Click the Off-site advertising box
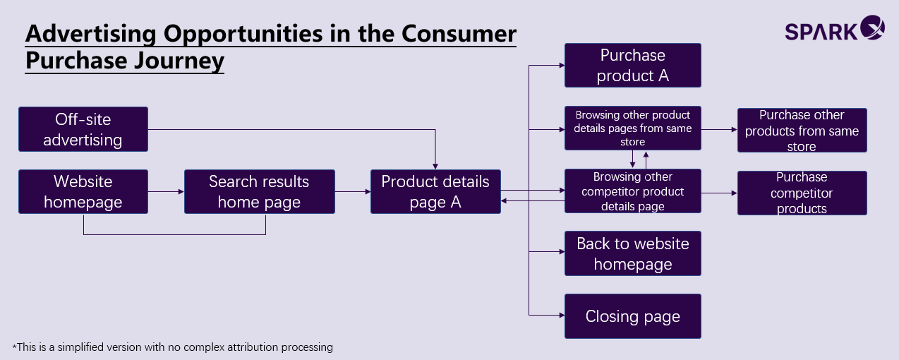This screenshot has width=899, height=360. click(x=83, y=129)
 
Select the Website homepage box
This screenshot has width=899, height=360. click(x=83, y=191)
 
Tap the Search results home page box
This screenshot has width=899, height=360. click(x=259, y=191)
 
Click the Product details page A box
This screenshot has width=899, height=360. click(x=435, y=191)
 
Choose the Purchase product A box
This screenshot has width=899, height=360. click(x=633, y=66)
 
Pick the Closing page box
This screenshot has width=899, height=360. click(x=633, y=316)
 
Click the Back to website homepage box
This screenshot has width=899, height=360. click(x=633, y=253)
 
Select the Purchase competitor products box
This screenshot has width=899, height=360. click(x=802, y=193)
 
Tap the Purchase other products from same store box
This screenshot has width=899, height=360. click(x=802, y=130)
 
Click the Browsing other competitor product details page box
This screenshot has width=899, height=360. click(x=633, y=191)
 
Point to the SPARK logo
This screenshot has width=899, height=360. click(x=835, y=28)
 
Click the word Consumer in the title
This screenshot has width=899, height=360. click(x=459, y=33)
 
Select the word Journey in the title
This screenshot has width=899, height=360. click(x=179, y=61)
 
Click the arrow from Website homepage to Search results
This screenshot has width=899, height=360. click(x=166, y=191)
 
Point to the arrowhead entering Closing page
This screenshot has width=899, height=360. click(x=562, y=315)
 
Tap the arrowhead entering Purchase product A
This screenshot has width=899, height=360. click(x=562, y=66)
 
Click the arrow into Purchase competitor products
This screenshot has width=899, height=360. click(x=720, y=193)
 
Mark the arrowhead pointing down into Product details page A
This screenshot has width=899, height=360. click(x=435, y=167)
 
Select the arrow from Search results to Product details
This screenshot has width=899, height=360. click(x=353, y=191)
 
